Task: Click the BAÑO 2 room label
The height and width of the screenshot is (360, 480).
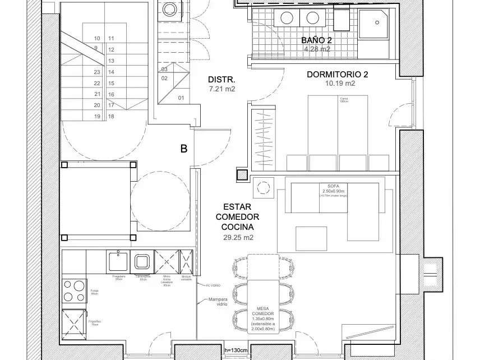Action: [x=316, y=40]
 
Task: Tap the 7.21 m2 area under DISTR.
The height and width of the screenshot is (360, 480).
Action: [x=221, y=89]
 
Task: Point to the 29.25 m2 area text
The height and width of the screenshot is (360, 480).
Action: [x=238, y=238]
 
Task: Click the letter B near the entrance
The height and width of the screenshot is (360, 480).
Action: [x=183, y=149]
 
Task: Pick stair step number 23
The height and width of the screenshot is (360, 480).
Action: [x=97, y=72]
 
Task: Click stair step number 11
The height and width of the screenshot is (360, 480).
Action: [x=111, y=39]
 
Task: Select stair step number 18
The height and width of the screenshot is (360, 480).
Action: [x=111, y=116]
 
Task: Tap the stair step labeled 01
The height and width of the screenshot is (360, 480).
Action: [x=181, y=98]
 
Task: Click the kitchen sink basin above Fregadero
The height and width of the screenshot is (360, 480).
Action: [x=118, y=261]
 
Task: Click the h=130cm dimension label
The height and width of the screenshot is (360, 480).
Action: [x=236, y=350]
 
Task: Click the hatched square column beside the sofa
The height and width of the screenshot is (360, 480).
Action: [x=241, y=174]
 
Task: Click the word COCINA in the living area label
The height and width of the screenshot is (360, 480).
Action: [x=238, y=227]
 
